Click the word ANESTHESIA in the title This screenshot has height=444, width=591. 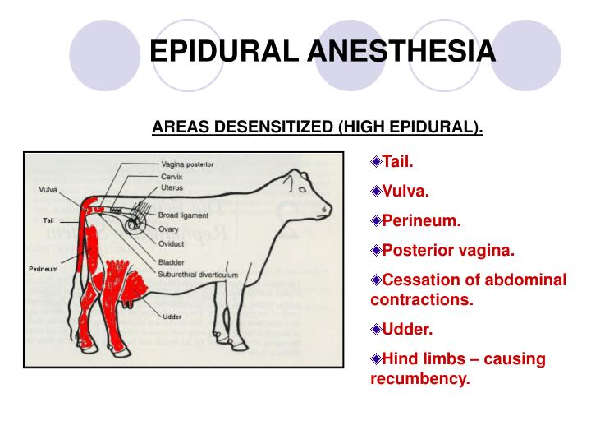[401, 50]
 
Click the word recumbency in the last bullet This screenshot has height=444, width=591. [420, 379]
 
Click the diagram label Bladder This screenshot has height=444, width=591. [173, 262]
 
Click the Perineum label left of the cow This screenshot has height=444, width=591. [43, 269]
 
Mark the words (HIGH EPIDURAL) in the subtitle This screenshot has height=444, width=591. [410, 127]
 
